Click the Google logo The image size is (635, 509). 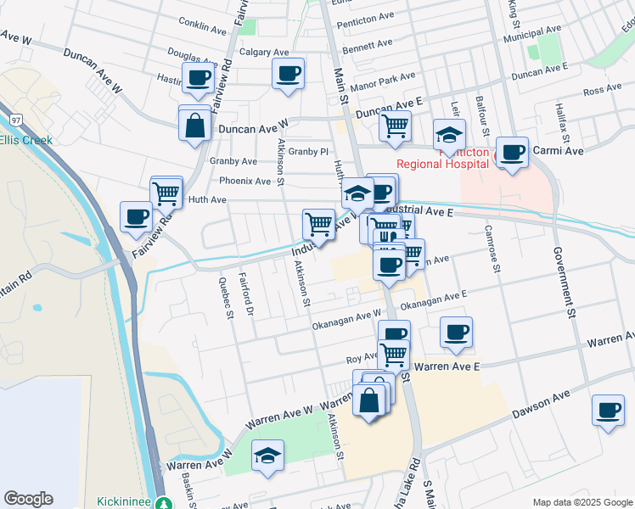(28, 499)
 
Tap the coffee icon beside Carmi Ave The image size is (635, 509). (513, 153)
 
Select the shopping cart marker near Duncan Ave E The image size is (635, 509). (395, 126)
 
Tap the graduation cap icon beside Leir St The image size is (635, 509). (449, 134)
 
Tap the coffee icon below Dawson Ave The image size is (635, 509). (608, 411)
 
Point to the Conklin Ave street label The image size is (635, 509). (203, 27)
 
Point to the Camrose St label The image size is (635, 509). (490, 243)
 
